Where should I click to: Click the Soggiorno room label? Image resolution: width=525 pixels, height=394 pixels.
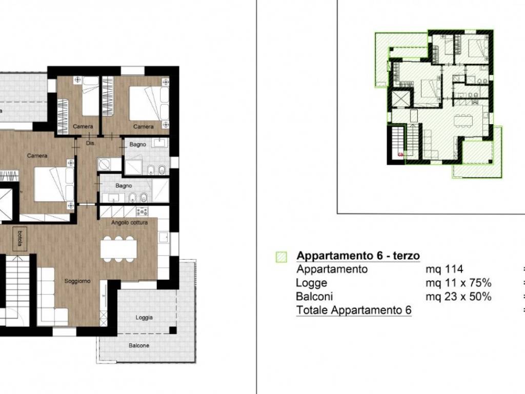click(x=77, y=281)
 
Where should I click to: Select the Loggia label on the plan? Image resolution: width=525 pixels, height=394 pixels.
click(x=144, y=318)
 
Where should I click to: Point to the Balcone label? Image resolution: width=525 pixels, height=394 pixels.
click(x=138, y=346)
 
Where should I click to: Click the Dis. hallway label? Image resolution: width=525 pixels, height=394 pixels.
click(x=91, y=143)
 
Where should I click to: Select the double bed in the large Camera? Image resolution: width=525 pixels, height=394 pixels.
click(x=53, y=185)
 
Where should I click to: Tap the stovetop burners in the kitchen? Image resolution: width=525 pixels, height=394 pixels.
click(x=142, y=211)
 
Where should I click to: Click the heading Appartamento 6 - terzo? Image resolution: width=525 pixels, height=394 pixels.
click(x=358, y=256)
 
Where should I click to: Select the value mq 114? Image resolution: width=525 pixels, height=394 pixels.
click(x=445, y=269)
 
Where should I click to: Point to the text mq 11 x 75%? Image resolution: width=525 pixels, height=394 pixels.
click(x=458, y=283)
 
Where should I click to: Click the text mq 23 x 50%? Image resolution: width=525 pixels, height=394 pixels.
click(x=458, y=296)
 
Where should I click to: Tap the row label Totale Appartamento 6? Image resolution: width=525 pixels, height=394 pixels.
click(x=353, y=309)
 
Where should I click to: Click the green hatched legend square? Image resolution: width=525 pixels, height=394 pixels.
click(x=281, y=257)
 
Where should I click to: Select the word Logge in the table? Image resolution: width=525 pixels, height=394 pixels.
click(x=311, y=283)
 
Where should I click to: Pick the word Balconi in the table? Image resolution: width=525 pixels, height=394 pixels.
click(x=314, y=296)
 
